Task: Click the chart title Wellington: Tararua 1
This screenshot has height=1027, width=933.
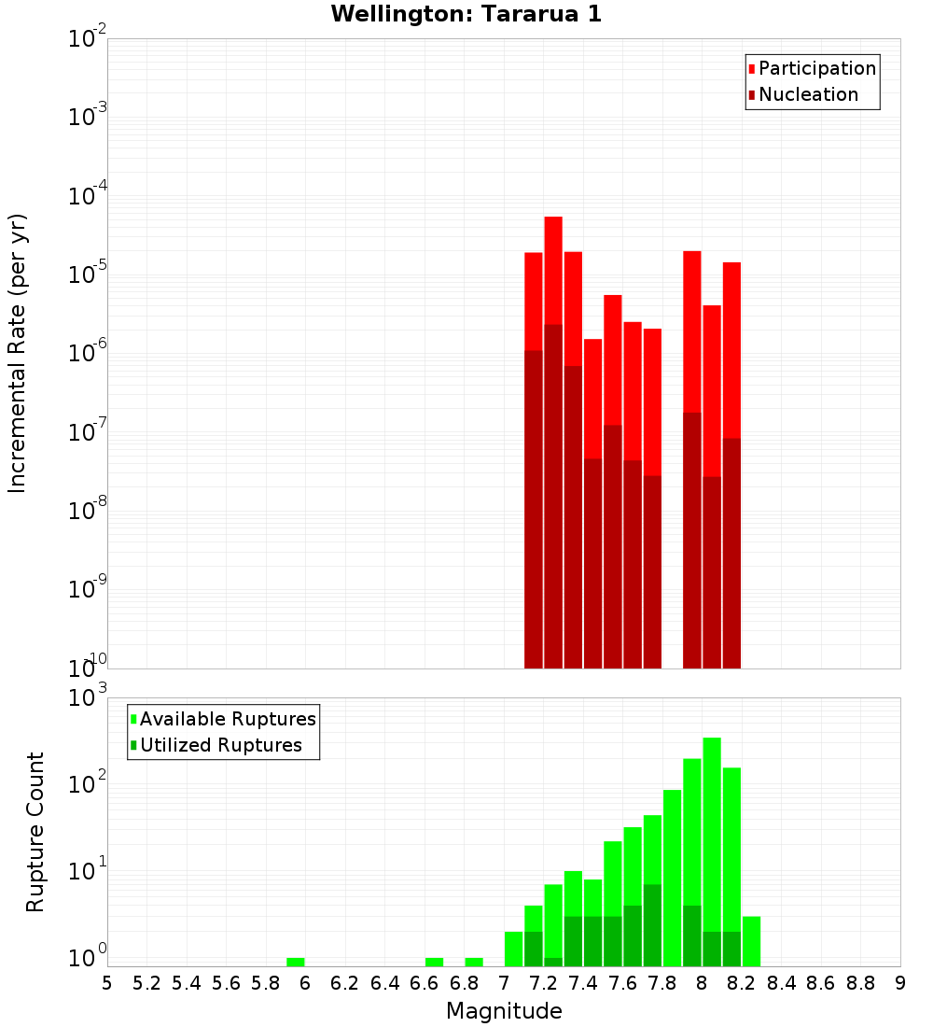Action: [x=466, y=14]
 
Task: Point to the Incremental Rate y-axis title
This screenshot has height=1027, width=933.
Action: [x=18, y=353]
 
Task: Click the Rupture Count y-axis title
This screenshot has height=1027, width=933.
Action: [x=35, y=831]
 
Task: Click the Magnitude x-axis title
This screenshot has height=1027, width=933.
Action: [x=504, y=1011]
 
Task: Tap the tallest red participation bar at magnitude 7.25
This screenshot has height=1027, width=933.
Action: [x=553, y=271]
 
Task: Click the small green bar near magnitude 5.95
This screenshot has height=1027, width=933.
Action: [x=296, y=962]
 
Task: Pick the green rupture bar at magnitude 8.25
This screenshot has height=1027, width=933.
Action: [x=752, y=941]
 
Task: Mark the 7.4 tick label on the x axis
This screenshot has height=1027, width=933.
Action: [x=583, y=983]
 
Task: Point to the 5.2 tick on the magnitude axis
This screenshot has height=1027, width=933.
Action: [x=146, y=983]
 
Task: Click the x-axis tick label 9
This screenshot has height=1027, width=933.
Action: [x=900, y=983]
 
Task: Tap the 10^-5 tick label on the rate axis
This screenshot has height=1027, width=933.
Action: [x=88, y=274]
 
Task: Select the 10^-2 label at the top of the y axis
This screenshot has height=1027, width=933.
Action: [x=88, y=39]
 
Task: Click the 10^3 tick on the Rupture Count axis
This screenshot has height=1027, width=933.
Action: [x=88, y=697]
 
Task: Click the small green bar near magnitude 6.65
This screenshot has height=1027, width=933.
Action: [x=434, y=962]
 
